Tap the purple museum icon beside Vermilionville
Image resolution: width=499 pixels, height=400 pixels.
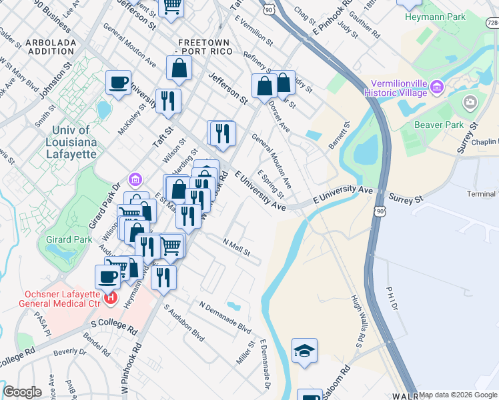coord(438,86)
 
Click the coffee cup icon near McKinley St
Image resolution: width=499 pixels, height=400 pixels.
coord(119,83)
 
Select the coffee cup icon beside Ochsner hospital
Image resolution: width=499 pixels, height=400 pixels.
coord(107,276)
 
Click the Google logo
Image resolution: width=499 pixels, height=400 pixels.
coord(22,392)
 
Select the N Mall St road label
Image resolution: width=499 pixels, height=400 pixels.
coord(236,249)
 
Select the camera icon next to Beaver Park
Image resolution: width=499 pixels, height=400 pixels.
coord(471,102)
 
